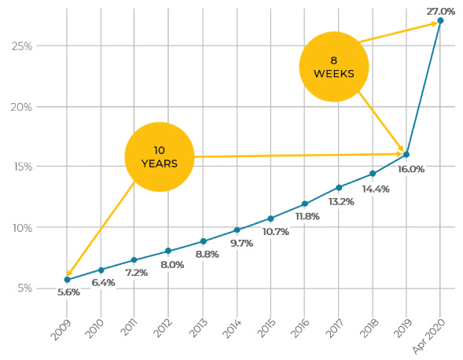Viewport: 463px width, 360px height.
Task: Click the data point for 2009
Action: pos(67,280)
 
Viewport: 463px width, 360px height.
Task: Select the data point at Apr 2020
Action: pos(440,20)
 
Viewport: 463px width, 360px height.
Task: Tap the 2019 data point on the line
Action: pos(406,155)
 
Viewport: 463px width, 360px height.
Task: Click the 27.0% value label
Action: pos(440,11)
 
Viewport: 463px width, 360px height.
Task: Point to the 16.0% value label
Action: pos(410,169)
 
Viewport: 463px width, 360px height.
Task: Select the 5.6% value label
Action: pos(68,292)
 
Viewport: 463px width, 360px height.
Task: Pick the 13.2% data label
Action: pos(340,201)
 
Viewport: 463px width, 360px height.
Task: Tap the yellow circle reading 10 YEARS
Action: pos(160,156)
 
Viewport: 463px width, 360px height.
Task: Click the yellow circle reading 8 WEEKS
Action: pos(334,67)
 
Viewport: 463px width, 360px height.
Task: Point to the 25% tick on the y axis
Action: pos(22,46)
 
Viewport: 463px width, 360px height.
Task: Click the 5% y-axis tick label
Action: pos(24,288)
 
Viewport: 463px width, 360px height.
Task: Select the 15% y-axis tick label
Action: pos(22,167)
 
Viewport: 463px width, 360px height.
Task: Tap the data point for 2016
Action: pos(304,204)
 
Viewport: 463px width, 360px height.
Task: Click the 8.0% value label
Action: pos(171,265)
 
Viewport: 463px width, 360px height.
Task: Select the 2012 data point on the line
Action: pos(168,252)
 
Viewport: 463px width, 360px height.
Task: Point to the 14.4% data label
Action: pos(375,189)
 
